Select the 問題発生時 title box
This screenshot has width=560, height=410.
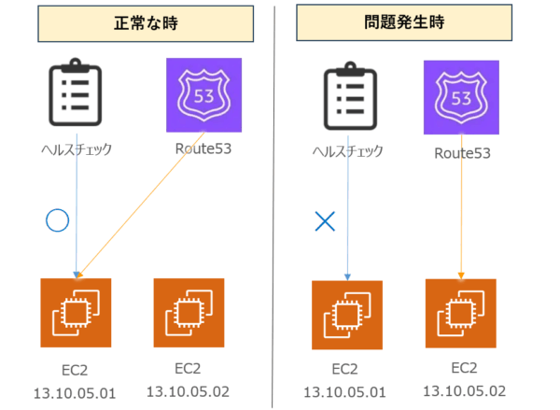coord(407,24)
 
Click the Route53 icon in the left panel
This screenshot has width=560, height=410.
coord(203,95)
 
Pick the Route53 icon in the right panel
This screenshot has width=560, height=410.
coord(461,96)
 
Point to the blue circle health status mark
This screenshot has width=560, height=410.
coord(58,220)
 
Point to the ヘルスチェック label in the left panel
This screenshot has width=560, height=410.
coord(76,148)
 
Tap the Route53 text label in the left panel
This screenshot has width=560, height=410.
coord(203,148)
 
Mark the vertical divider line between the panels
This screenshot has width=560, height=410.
coord(275,205)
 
